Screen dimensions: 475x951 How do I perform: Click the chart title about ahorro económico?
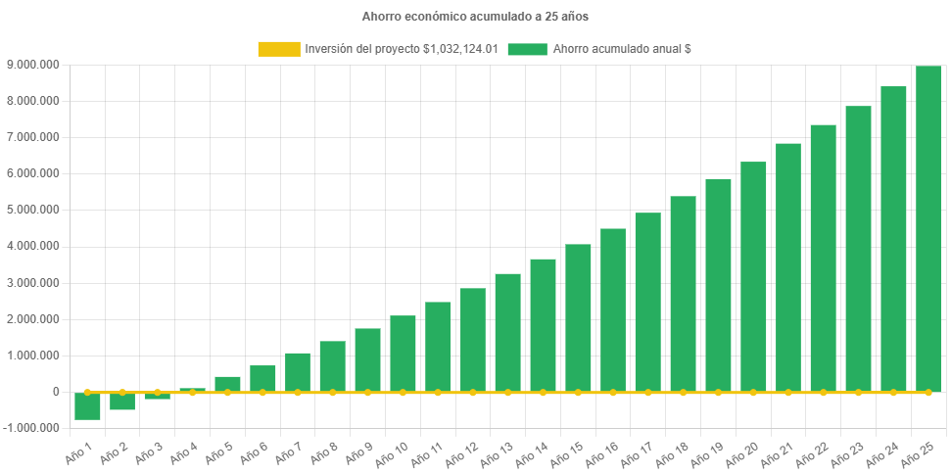point(475,17)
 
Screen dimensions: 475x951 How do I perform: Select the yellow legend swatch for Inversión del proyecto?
point(278,49)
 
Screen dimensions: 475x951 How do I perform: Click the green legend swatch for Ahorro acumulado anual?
point(527,49)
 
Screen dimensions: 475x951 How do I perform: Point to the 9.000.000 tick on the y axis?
point(33,65)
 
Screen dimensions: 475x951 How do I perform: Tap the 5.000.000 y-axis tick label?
point(33,210)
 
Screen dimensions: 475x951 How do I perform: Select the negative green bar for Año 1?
point(87,405)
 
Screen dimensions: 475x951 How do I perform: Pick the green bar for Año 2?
point(122,401)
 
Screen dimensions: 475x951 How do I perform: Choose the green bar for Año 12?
point(473,339)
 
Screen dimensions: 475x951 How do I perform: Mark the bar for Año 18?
point(683,293)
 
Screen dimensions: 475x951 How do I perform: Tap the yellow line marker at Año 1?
point(87,392)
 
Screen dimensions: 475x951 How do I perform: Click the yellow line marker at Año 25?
point(928,392)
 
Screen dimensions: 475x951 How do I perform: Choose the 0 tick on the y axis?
point(56,392)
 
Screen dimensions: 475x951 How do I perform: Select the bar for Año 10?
point(403,353)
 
